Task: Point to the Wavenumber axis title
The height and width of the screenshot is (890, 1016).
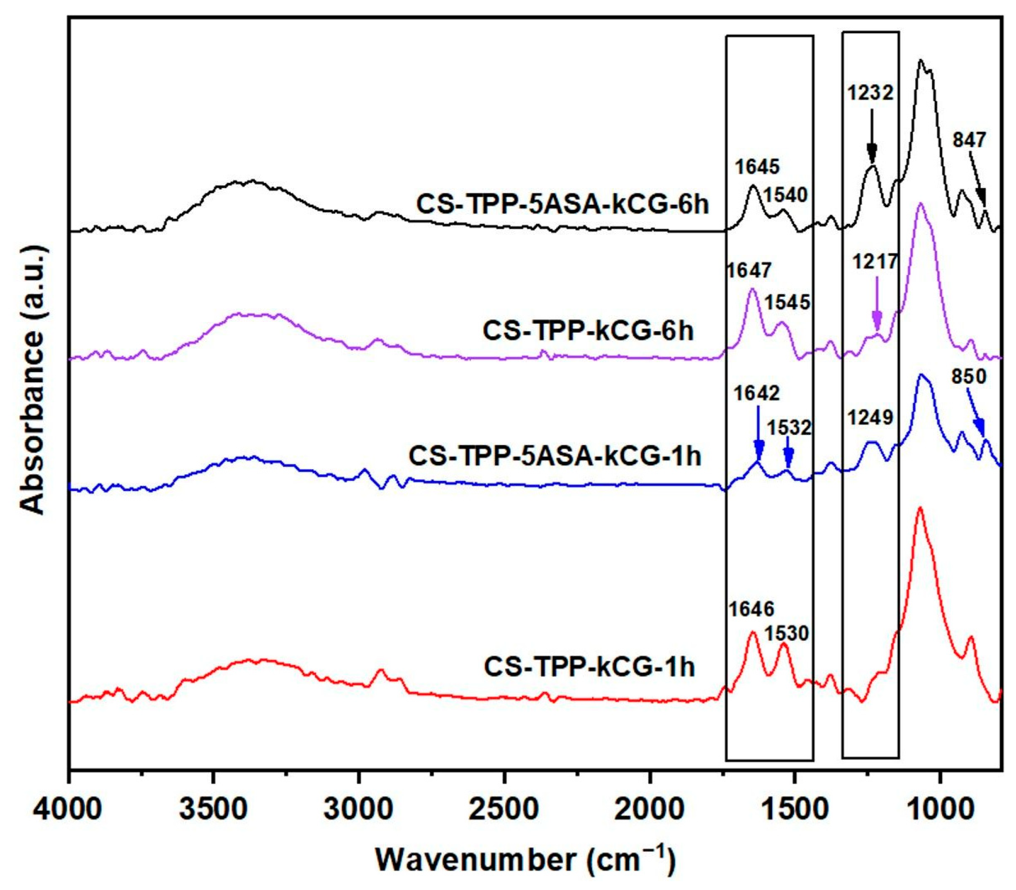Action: (525, 859)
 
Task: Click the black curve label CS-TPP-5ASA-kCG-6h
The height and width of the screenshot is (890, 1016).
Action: (563, 205)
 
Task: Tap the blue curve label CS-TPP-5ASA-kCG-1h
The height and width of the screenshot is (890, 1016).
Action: (555, 456)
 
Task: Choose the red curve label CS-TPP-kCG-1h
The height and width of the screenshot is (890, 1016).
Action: (589, 667)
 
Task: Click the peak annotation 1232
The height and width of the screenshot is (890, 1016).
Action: (870, 93)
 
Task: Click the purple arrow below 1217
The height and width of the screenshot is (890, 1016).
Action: (877, 303)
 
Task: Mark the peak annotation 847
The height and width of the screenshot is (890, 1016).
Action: (969, 140)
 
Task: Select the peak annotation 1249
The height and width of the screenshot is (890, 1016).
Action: (870, 417)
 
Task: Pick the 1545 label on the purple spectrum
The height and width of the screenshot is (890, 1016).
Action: (787, 302)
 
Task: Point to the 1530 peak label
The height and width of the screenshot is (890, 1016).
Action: (787, 633)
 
